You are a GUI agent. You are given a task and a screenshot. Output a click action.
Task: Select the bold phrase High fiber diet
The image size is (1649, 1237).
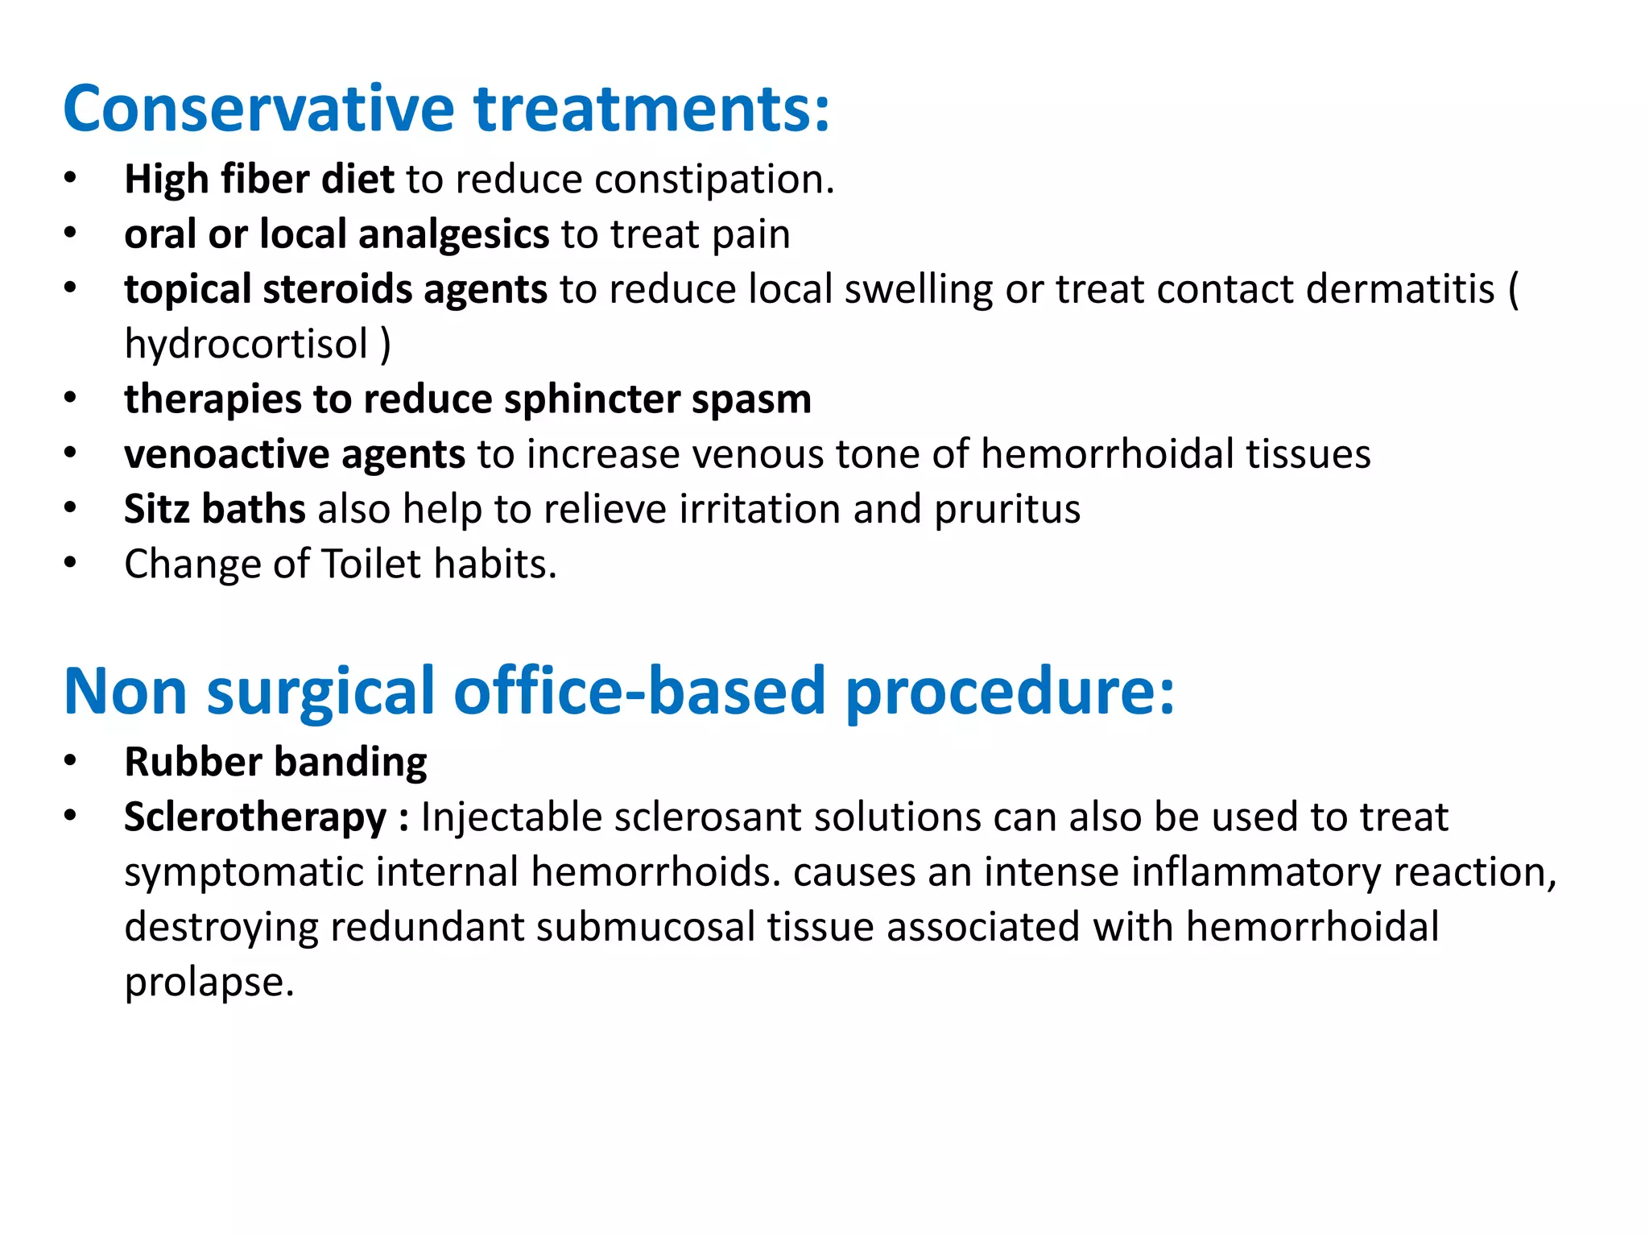tap(258, 179)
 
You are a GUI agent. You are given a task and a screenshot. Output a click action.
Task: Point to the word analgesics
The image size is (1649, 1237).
tap(453, 235)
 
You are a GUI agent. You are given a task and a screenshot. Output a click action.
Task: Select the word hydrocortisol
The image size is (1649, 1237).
tap(246, 345)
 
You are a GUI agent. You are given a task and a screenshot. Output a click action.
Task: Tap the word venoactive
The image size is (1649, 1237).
tap(226, 454)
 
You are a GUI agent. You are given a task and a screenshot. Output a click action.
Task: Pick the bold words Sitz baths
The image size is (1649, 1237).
tap(214, 509)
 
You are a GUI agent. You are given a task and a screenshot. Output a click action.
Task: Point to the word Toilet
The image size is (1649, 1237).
tap(371, 564)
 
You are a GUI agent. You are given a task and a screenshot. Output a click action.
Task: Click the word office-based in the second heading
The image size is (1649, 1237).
tap(639, 691)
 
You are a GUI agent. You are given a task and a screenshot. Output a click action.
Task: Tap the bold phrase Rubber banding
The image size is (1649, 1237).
tap(275, 762)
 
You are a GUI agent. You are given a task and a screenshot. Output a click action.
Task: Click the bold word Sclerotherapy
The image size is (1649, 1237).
tap(255, 818)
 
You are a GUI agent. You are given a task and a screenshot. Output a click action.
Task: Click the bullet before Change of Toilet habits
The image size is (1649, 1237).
tap(71, 563)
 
